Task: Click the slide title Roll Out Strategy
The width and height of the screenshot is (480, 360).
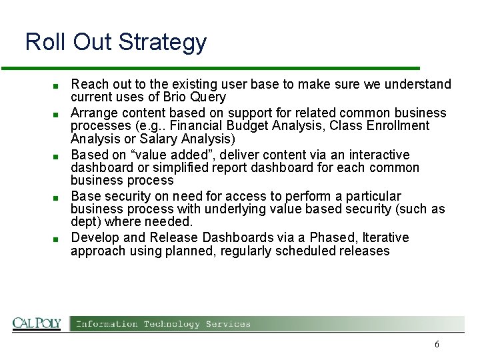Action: tap(116, 42)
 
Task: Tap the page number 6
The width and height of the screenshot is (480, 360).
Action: tap(437, 345)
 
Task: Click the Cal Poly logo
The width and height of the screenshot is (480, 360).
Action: tap(37, 323)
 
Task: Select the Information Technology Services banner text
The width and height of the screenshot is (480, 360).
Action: tap(163, 324)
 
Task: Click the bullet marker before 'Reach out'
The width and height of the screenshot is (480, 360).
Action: tap(58, 86)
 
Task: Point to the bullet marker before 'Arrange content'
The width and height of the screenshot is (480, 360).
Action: tap(58, 114)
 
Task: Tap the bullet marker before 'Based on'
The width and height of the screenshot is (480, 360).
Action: tap(58, 156)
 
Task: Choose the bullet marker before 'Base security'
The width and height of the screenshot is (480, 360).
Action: tap(58, 197)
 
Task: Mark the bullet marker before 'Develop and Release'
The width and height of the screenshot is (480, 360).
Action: tap(58, 239)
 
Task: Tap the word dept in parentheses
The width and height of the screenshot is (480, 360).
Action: tap(83, 222)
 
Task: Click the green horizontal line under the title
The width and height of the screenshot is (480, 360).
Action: tap(210, 68)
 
